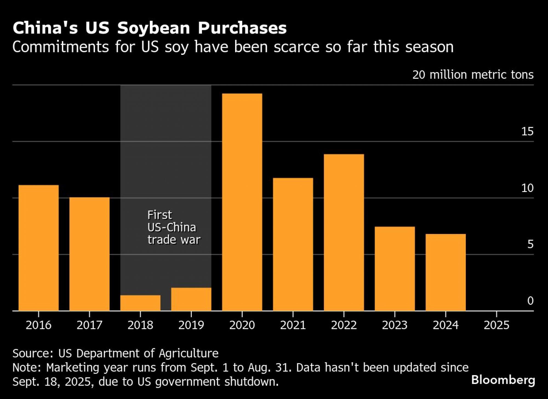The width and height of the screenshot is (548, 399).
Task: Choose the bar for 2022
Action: click(x=344, y=232)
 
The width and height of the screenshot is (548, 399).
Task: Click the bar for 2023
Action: click(x=395, y=268)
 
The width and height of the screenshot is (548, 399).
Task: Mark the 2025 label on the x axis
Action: click(x=496, y=325)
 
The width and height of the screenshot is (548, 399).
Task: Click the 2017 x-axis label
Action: click(x=89, y=325)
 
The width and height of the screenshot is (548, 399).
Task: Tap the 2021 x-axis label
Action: click(x=293, y=325)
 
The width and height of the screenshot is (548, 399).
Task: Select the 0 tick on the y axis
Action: click(x=530, y=301)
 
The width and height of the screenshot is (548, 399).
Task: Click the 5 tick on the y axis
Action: click(x=530, y=244)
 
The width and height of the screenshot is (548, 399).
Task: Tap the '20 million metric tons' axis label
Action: click(x=473, y=75)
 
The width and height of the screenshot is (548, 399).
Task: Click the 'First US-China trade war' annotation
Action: click(x=174, y=227)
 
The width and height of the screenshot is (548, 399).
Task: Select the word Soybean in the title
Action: click(x=153, y=28)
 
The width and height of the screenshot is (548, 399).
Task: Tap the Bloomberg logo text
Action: click(x=503, y=380)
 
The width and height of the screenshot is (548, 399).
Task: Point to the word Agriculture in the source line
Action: click(x=189, y=353)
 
